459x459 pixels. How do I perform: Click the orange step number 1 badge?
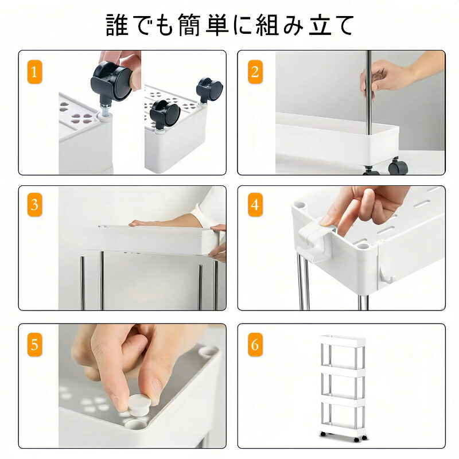pyautogui.click(x=34, y=72)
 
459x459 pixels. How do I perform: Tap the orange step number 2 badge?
pyautogui.click(x=255, y=72)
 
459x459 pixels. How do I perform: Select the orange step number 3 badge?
pyautogui.click(x=34, y=205)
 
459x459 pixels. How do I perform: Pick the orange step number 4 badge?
pyautogui.click(x=255, y=205)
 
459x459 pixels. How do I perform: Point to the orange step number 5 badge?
pyautogui.click(x=34, y=345)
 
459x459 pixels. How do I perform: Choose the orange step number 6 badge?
pyautogui.click(x=255, y=345)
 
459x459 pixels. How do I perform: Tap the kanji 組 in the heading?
pyautogui.click(x=267, y=25)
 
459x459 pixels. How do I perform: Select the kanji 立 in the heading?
pyautogui.click(x=321, y=25)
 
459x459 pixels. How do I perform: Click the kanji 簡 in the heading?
pyautogui.click(x=189, y=25)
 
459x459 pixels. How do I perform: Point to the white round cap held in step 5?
pyautogui.click(x=139, y=405)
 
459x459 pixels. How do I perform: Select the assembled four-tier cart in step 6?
pyautogui.click(x=343, y=388)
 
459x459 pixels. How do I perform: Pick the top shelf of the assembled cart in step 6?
pyautogui.click(x=343, y=340)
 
